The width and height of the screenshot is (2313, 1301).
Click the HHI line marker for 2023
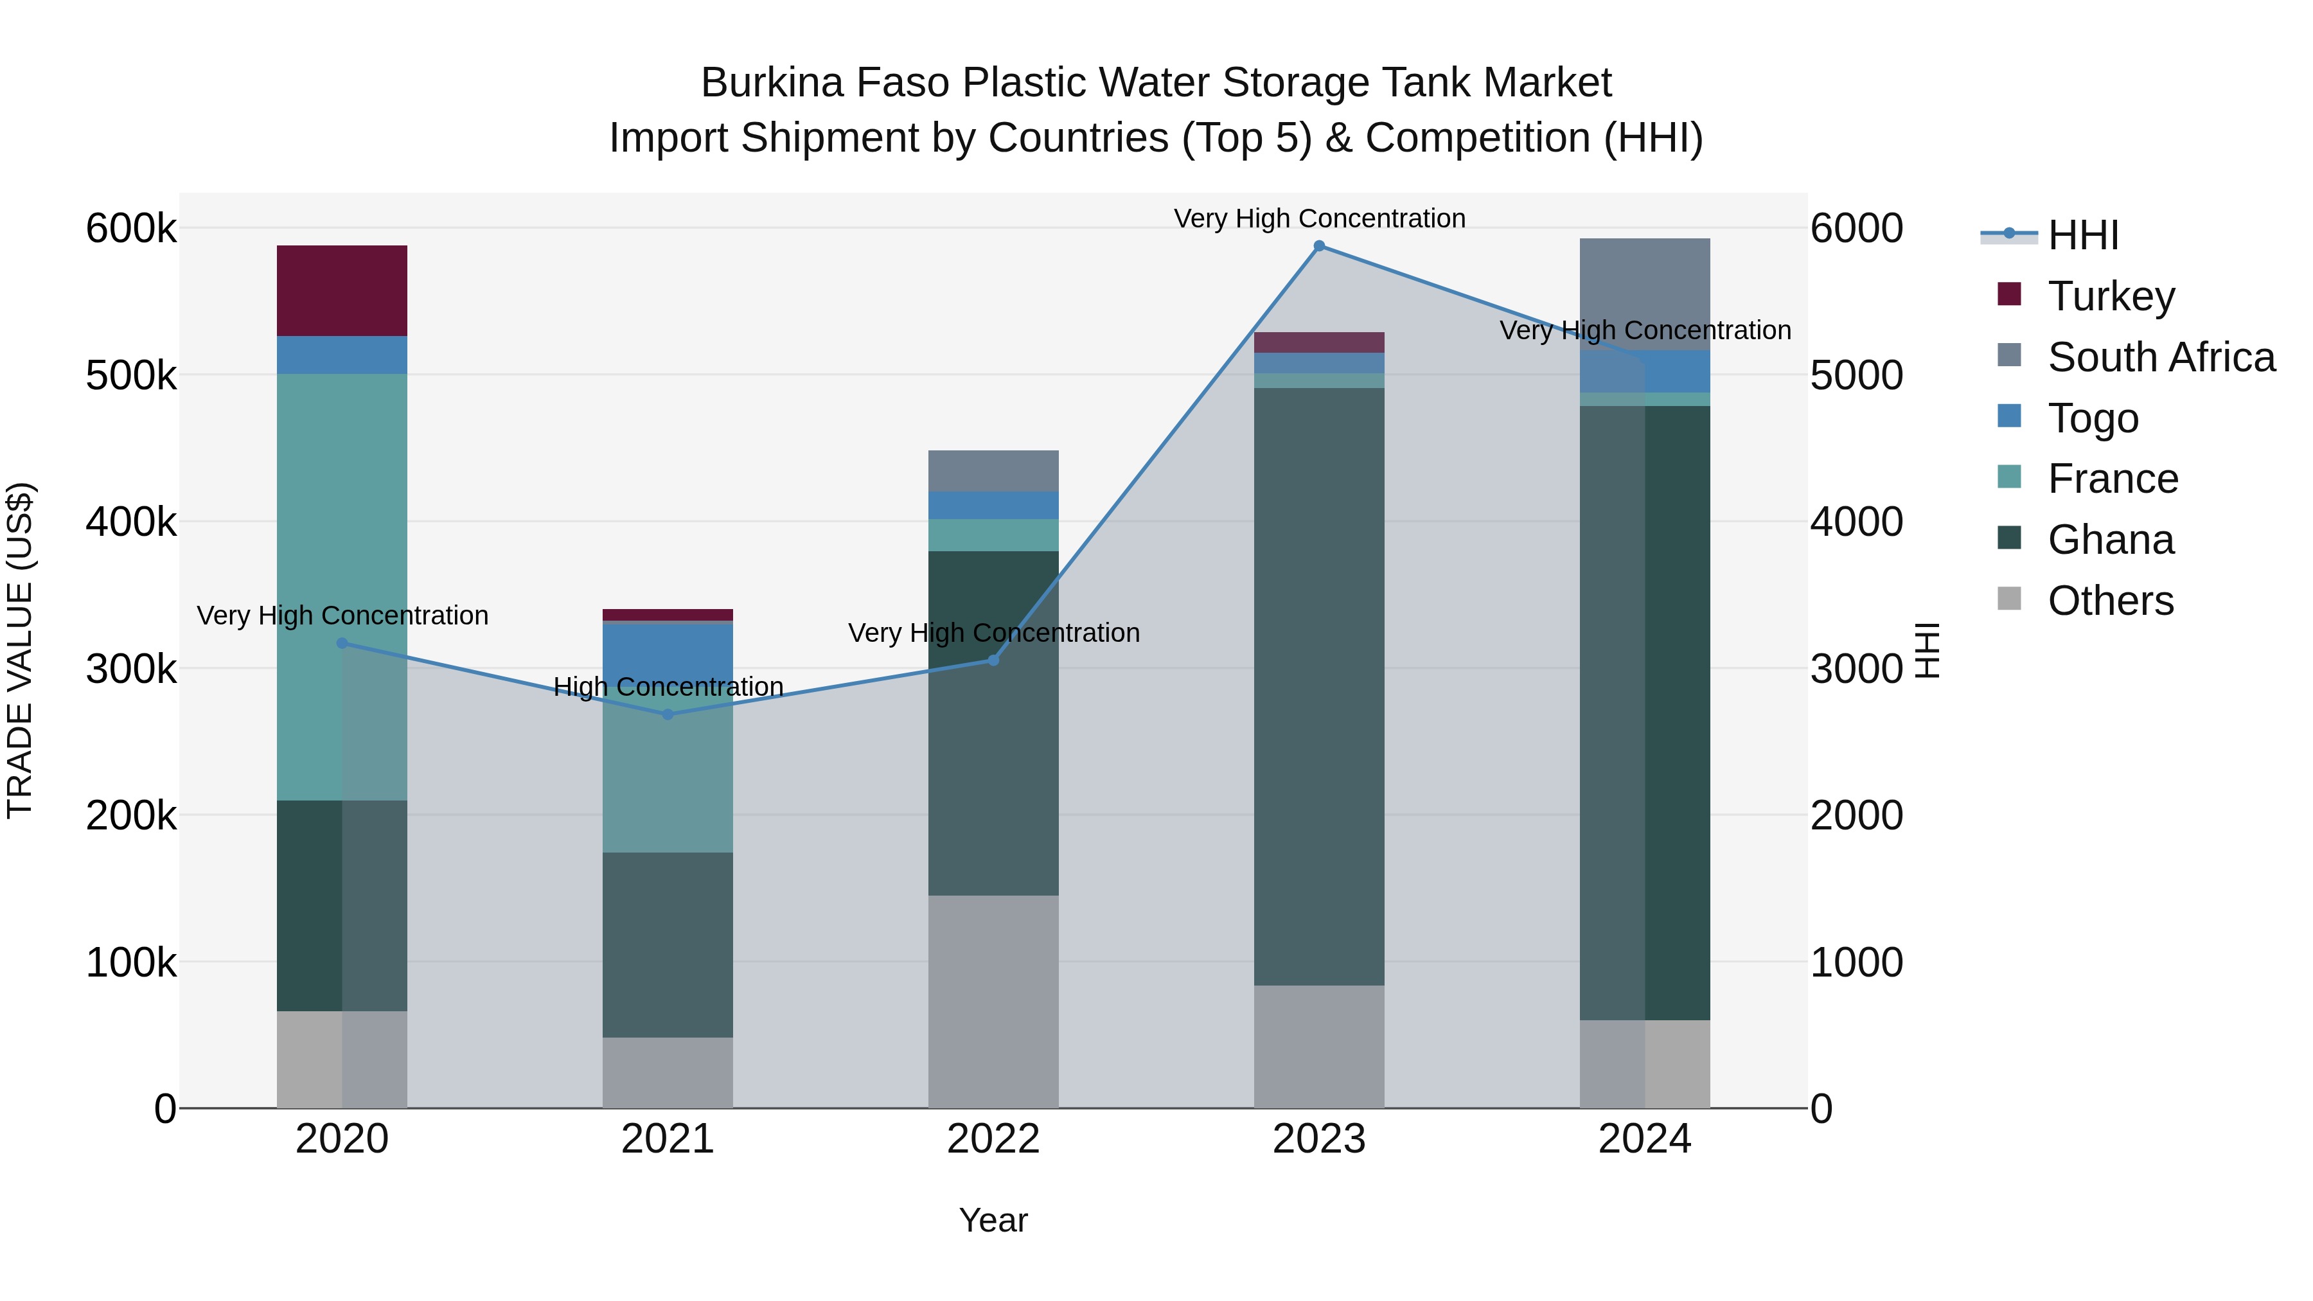tap(1318, 246)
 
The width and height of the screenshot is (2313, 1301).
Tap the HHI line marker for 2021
tap(667, 714)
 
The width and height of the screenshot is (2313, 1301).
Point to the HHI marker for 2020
tap(341, 643)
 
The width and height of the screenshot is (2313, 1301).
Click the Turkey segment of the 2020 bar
tap(341, 290)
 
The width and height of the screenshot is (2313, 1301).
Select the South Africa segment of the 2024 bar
tap(1644, 294)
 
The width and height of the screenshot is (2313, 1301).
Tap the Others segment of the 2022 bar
tap(993, 1001)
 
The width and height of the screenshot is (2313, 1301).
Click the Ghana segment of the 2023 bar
tap(1318, 686)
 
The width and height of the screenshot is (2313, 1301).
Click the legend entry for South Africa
tap(2160, 357)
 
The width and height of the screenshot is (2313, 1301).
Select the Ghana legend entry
tap(2110, 540)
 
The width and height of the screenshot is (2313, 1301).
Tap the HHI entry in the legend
tap(2083, 235)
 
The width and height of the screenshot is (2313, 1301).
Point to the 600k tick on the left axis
tap(131, 229)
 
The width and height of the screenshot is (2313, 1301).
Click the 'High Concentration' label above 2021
tap(668, 687)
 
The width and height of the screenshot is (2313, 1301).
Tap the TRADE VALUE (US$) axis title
tap(21, 650)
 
